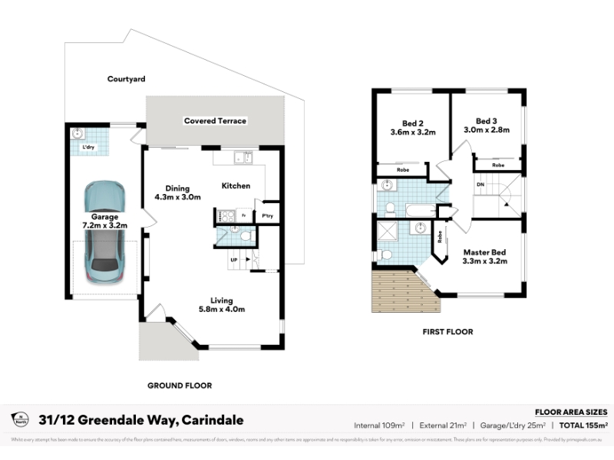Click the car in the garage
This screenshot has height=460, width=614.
[105, 231]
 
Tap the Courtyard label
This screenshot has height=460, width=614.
[126, 79]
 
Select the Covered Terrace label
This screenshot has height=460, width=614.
[215, 121]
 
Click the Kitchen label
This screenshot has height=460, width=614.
[236, 186]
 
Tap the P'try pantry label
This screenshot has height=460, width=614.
[268, 216]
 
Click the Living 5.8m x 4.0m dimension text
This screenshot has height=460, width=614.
[233, 304]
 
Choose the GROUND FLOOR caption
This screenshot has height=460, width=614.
[180, 386]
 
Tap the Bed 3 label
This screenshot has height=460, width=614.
[487, 126]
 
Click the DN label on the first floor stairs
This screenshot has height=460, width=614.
[480, 186]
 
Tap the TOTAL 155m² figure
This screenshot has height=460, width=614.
[584, 425]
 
